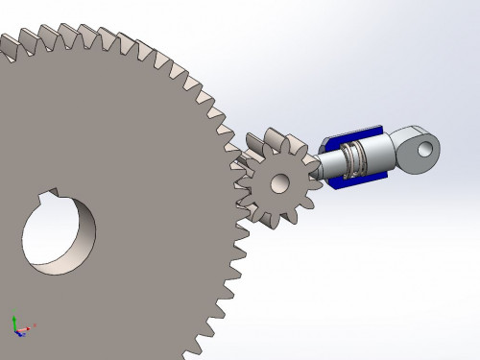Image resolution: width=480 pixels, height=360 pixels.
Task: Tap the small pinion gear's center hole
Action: (x=280, y=181)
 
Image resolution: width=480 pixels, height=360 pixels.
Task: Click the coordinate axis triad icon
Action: (x=20, y=326)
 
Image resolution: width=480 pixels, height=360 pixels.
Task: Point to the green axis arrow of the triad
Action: (x=14, y=319)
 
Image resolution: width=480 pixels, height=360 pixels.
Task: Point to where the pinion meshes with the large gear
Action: (x=239, y=182)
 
